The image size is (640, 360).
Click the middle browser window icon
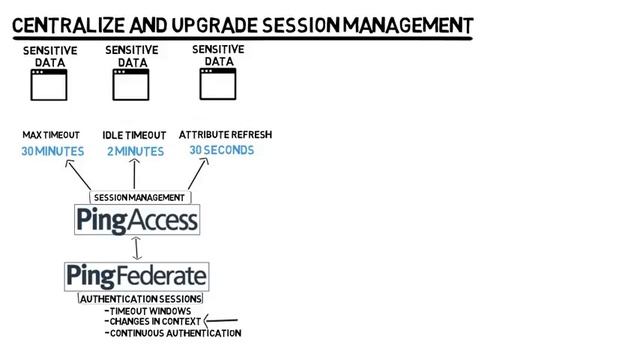[132, 86]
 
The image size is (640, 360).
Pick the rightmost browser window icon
[218, 85]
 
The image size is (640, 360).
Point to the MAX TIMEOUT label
[51, 135]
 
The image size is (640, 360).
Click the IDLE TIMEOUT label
[134, 135]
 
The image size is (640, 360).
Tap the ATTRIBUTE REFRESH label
[225, 135]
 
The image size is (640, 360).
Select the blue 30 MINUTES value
[53, 152]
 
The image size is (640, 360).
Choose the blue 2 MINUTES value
[135, 152]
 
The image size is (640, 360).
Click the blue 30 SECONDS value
[222, 151]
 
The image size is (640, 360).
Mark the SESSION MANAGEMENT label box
[139, 197]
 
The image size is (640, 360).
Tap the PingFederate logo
[137, 275]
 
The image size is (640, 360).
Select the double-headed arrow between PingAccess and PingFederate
[137, 248]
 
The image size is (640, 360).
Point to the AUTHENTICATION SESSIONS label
[140, 298]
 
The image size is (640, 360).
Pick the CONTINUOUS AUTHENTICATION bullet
[173, 333]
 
